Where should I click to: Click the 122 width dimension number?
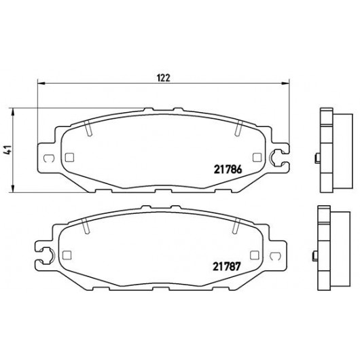[x=164, y=78]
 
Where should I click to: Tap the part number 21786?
[x=228, y=170]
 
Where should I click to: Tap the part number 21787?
[x=226, y=266]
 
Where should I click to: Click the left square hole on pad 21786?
[x=69, y=158]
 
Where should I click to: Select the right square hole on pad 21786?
[x=257, y=158]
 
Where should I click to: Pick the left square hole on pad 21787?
[x=67, y=255]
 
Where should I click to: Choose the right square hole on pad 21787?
[x=255, y=255]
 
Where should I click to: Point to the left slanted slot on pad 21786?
[x=88, y=128]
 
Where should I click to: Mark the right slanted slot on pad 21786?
[x=238, y=128]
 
